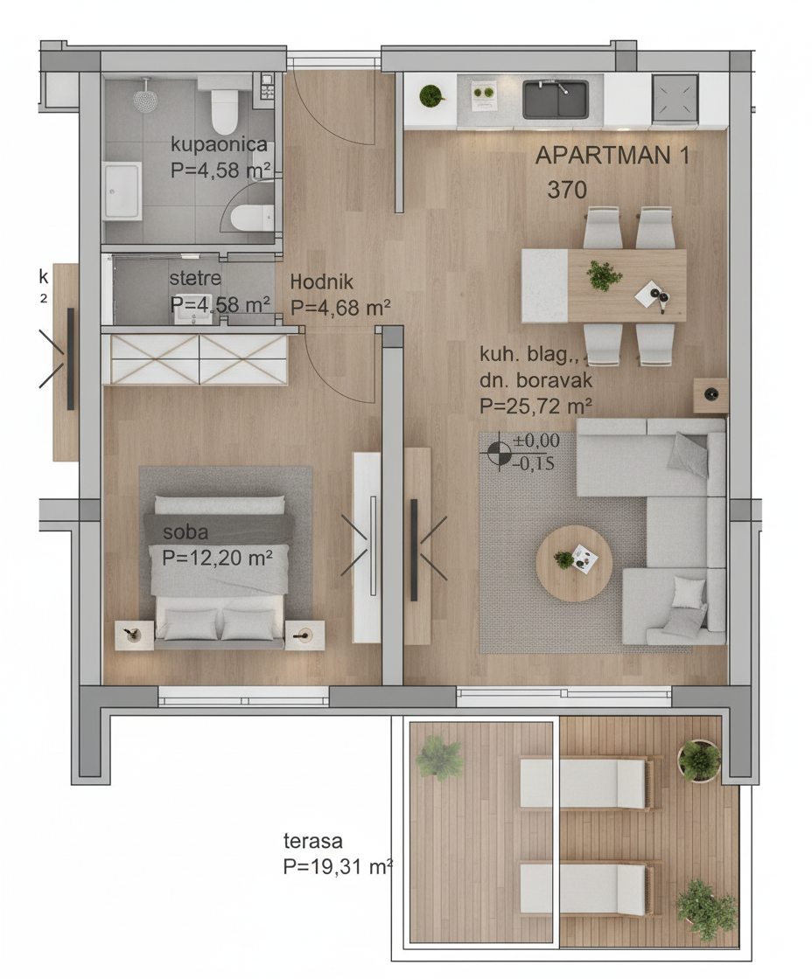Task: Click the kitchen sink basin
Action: (555, 100)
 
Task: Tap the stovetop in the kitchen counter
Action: (675, 99)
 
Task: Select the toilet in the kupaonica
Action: (224, 110)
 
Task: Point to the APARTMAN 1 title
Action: (612, 156)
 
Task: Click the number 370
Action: (567, 190)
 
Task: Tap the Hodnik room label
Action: (321, 281)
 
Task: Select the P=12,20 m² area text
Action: (217, 557)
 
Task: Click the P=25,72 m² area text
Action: (535, 406)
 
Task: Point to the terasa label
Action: (313, 841)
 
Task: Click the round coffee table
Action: (574, 563)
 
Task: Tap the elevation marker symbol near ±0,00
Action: (498, 452)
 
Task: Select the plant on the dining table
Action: (604, 275)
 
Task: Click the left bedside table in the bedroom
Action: (135, 635)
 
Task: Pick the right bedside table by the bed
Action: (304, 635)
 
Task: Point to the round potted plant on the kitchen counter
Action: (430, 97)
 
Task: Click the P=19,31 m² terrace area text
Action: (338, 866)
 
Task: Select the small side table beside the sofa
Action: (710, 395)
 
